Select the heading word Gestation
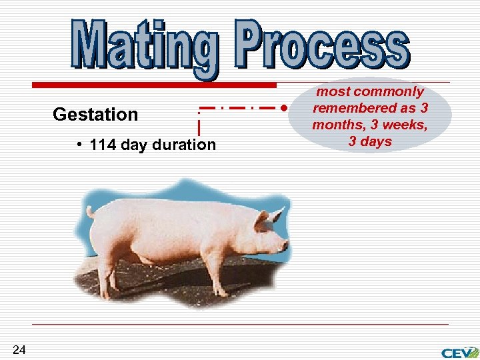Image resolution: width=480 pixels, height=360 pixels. (x=95, y=115)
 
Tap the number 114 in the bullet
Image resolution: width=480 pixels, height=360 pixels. (x=102, y=145)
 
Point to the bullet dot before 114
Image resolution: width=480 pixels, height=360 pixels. (x=79, y=145)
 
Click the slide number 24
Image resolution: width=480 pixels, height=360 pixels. (x=19, y=350)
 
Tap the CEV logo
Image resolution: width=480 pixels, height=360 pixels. (x=459, y=352)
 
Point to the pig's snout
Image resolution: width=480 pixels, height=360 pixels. (x=285, y=245)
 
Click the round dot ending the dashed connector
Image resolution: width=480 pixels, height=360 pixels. (x=284, y=107)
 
